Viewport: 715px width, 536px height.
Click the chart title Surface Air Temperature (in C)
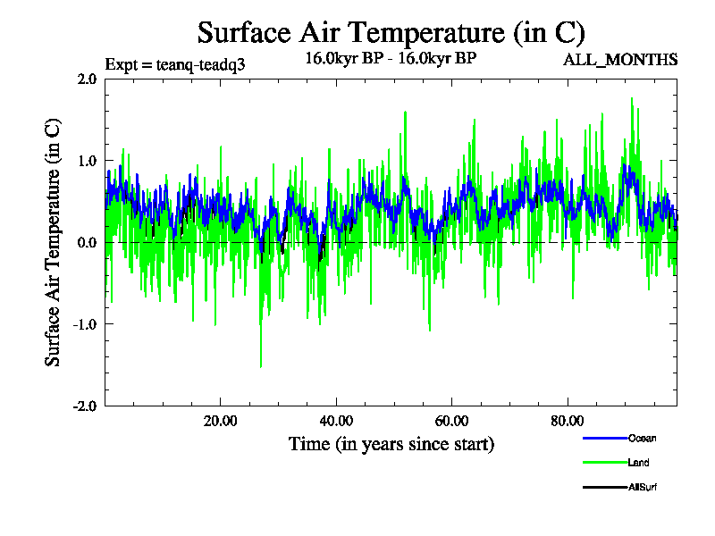pyautogui.click(x=391, y=33)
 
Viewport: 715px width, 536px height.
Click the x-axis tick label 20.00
pyautogui.click(x=220, y=421)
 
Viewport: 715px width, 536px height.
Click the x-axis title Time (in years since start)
pyautogui.click(x=391, y=443)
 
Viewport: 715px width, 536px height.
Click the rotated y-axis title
pyautogui.click(x=55, y=242)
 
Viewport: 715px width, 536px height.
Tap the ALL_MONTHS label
pyautogui.click(x=619, y=60)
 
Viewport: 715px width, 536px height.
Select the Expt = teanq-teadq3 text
pyautogui.click(x=175, y=64)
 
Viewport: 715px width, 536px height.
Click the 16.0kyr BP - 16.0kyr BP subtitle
pyautogui.click(x=391, y=59)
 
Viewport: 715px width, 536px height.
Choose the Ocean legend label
pyautogui.click(x=642, y=438)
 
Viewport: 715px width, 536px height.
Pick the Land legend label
pyautogui.click(x=638, y=463)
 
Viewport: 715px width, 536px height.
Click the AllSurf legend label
pyautogui.click(x=643, y=487)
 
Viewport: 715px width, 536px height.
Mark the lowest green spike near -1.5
pyautogui.click(x=261, y=365)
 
